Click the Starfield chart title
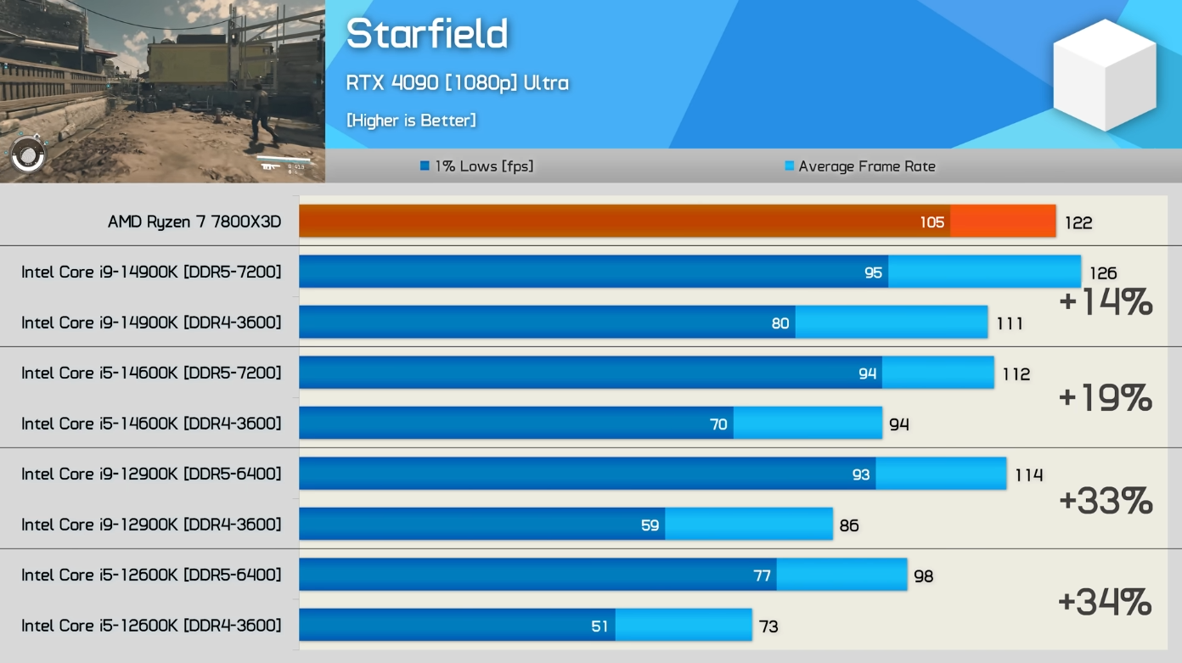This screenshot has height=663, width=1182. [x=426, y=35]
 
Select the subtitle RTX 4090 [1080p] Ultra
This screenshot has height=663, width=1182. [x=457, y=83]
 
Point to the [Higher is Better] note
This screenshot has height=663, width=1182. [x=411, y=121]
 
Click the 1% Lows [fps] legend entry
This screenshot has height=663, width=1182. [x=477, y=166]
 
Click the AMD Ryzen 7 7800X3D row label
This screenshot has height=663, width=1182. [x=194, y=222]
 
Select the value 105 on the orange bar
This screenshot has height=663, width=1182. [x=932, y=222]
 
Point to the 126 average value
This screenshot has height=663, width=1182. [x=1103, y=273]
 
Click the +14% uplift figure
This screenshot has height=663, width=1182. [x=1106, y=302]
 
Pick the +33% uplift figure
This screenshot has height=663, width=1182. [x=1106, y=501]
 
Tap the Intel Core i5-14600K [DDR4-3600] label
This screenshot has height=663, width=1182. [x=151, y=424]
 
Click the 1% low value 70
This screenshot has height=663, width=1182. [x=718, y=424]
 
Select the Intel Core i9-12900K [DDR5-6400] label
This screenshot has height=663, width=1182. [x=151, y=474]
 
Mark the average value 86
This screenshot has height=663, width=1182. [x=848, y=525]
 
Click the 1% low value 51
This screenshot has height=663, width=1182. [x=599, y=626]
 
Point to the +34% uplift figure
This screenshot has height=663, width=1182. [x=1105, y=602]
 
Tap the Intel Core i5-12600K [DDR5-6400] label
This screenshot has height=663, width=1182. [x=151, y=575]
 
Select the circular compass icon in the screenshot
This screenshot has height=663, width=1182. [x=27, y=154]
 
